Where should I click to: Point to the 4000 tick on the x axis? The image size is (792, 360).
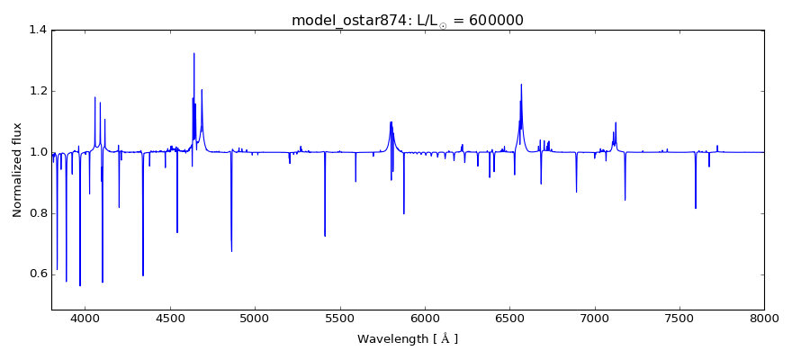tap(85, 318)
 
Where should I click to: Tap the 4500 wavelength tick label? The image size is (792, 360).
tap(170, 318)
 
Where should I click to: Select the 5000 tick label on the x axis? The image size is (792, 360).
tap(256, 318)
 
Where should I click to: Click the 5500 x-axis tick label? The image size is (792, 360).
tap(340, 318)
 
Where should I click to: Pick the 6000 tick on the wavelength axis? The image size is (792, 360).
tap(425, 318)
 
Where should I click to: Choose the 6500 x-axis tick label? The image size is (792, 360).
tap(509, 318)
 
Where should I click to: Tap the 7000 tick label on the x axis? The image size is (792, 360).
tap(595, 318)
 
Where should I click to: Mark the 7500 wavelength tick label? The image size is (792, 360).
tap(679, 318)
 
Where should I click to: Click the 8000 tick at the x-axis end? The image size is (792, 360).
tap(764, 318)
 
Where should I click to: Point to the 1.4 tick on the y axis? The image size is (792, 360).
tap(37, 30)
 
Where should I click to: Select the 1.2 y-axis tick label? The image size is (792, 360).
tap(37, 91)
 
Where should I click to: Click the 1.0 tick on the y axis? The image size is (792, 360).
tap(37, 152)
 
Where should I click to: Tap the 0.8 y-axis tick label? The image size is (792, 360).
tap(37, 213)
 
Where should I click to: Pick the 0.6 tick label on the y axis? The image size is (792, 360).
tap(37, 274)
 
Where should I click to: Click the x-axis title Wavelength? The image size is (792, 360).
tap(408, 339)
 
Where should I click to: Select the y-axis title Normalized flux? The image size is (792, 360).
tap(17, 170)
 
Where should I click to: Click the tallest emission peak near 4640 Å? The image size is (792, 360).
tap(193, 53)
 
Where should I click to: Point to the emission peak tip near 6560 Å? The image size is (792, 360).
tap(521, 85)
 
